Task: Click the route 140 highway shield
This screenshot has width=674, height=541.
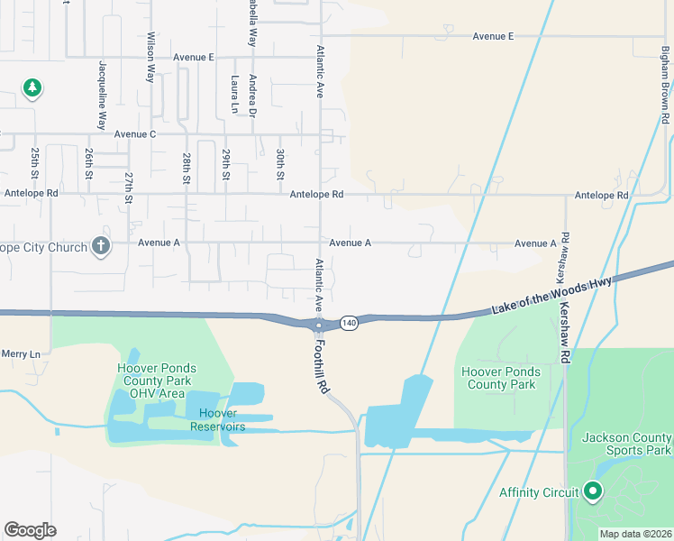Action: [x=350, y=323]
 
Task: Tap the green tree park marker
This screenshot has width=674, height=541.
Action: [x=32, y=88]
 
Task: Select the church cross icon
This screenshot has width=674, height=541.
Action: [x=101, y=246]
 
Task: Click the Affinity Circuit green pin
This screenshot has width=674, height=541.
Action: [x=593, y=491]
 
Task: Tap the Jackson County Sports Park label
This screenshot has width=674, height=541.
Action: [x=626, y=444]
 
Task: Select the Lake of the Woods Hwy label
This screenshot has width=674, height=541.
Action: [x=552, y=296]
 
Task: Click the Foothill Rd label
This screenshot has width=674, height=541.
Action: [x=321, y=361]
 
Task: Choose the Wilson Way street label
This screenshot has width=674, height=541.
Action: [x=151, y=59]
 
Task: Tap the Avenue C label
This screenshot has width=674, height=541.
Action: [x=135, y=134]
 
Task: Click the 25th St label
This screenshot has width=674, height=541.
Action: [x=35, y=161]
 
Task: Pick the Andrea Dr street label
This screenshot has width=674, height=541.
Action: [x=253, y=96]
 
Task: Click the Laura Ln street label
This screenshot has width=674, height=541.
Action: [x=233, y=94]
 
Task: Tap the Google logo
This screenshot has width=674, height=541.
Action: [x=30, y=530]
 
